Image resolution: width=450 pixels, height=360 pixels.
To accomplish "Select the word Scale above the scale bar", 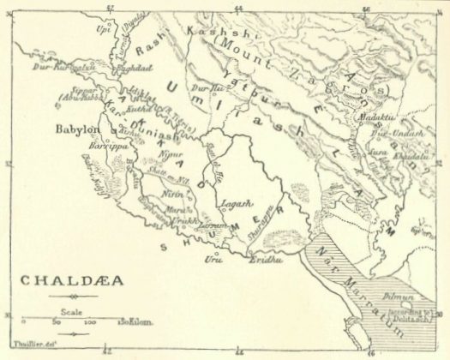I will (71, 311).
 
